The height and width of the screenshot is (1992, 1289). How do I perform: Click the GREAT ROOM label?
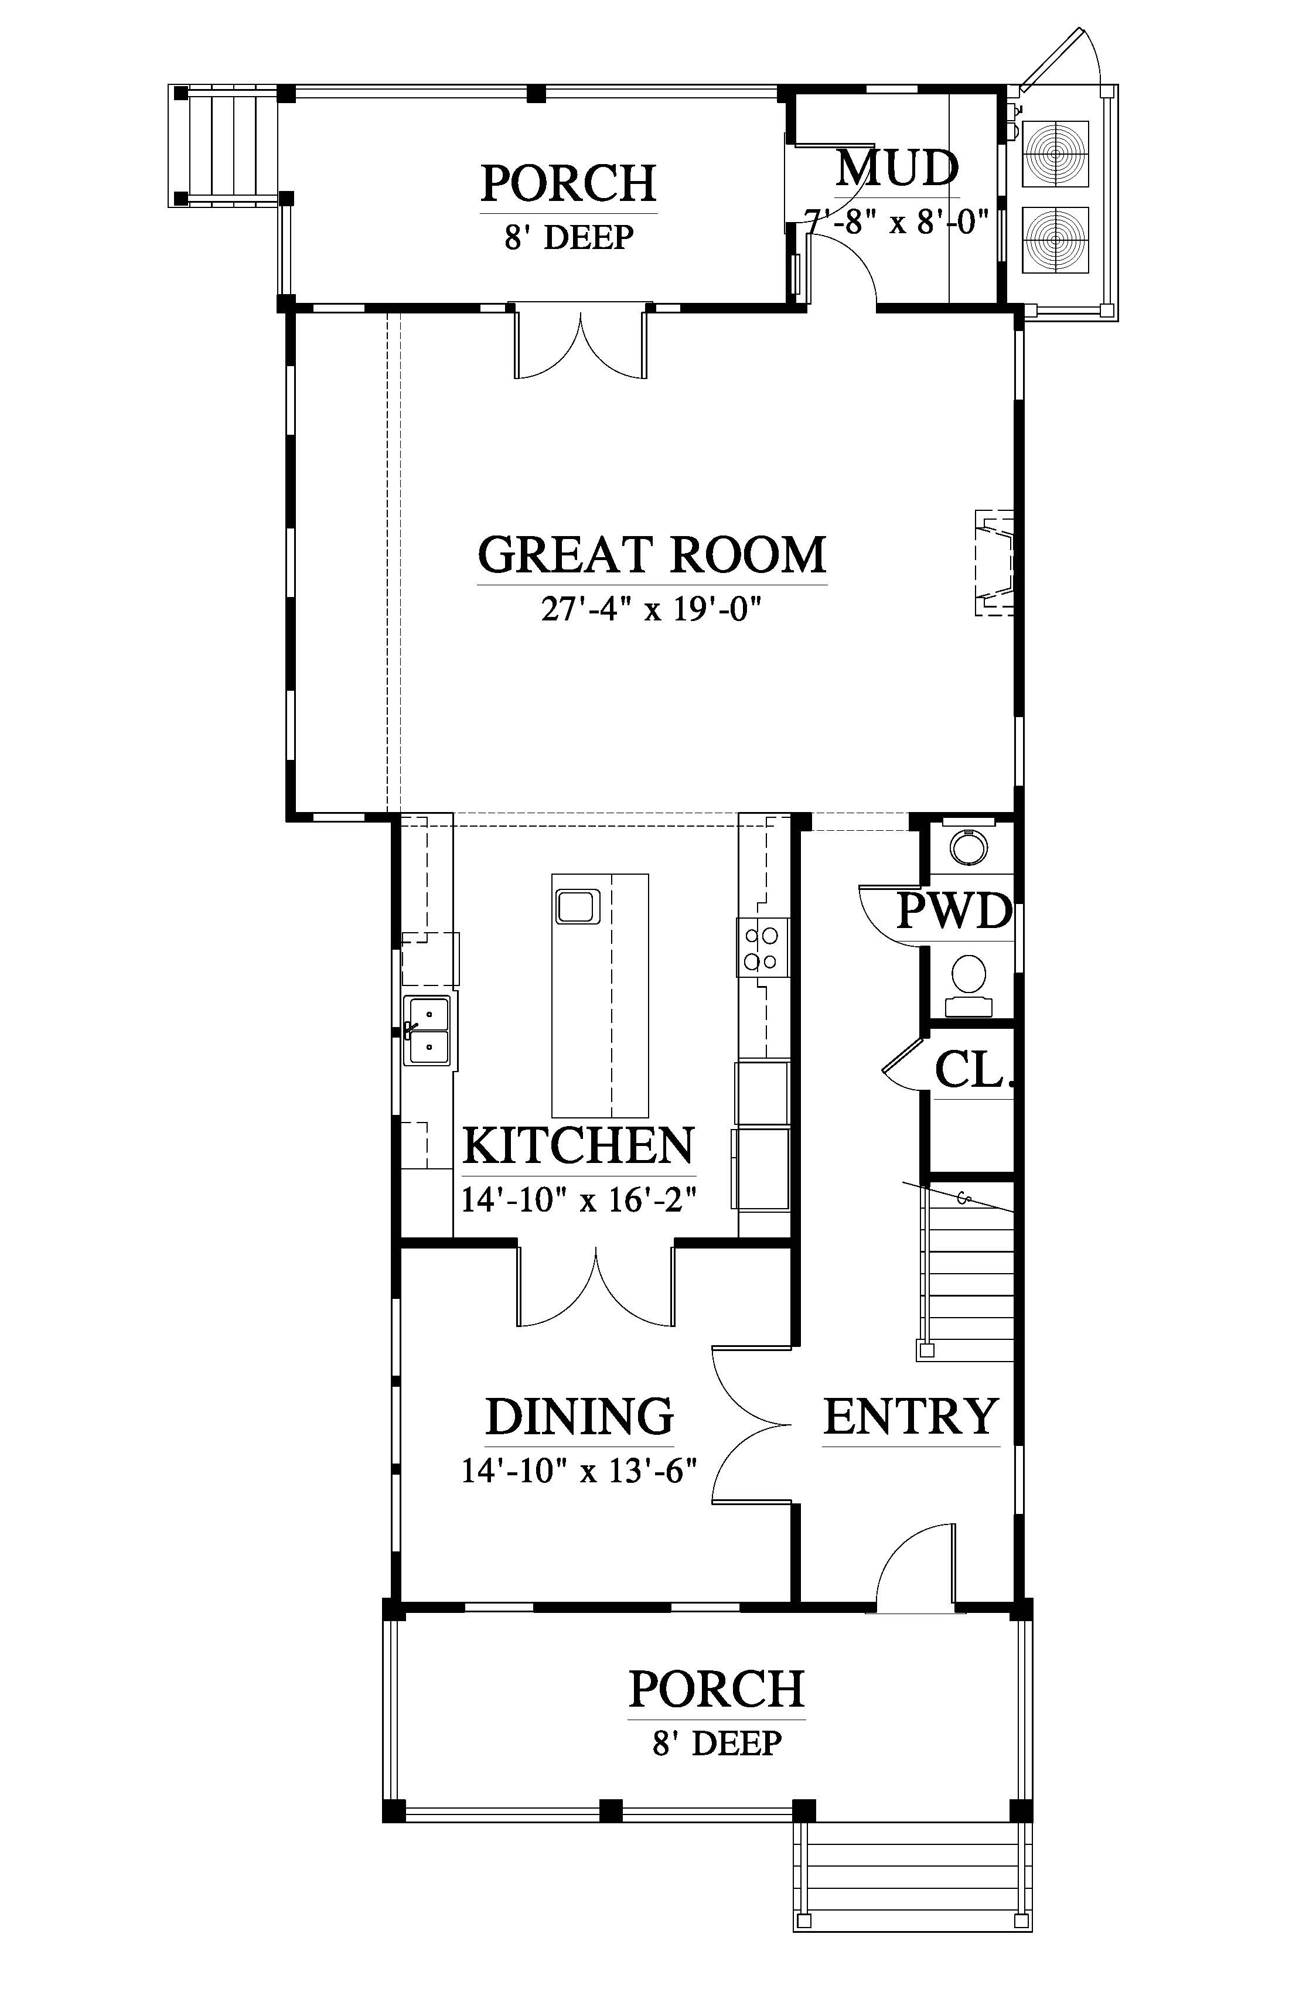[652, 554]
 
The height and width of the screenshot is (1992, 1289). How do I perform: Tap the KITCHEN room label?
[578, 1146]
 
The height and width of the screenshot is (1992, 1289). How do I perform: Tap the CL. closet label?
[973, 1070]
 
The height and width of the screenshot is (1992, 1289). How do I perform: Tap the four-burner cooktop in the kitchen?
[762, 947]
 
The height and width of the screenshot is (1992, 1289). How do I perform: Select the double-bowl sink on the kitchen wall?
[428, 1031]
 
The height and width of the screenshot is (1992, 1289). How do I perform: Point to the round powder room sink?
[969, 846]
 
